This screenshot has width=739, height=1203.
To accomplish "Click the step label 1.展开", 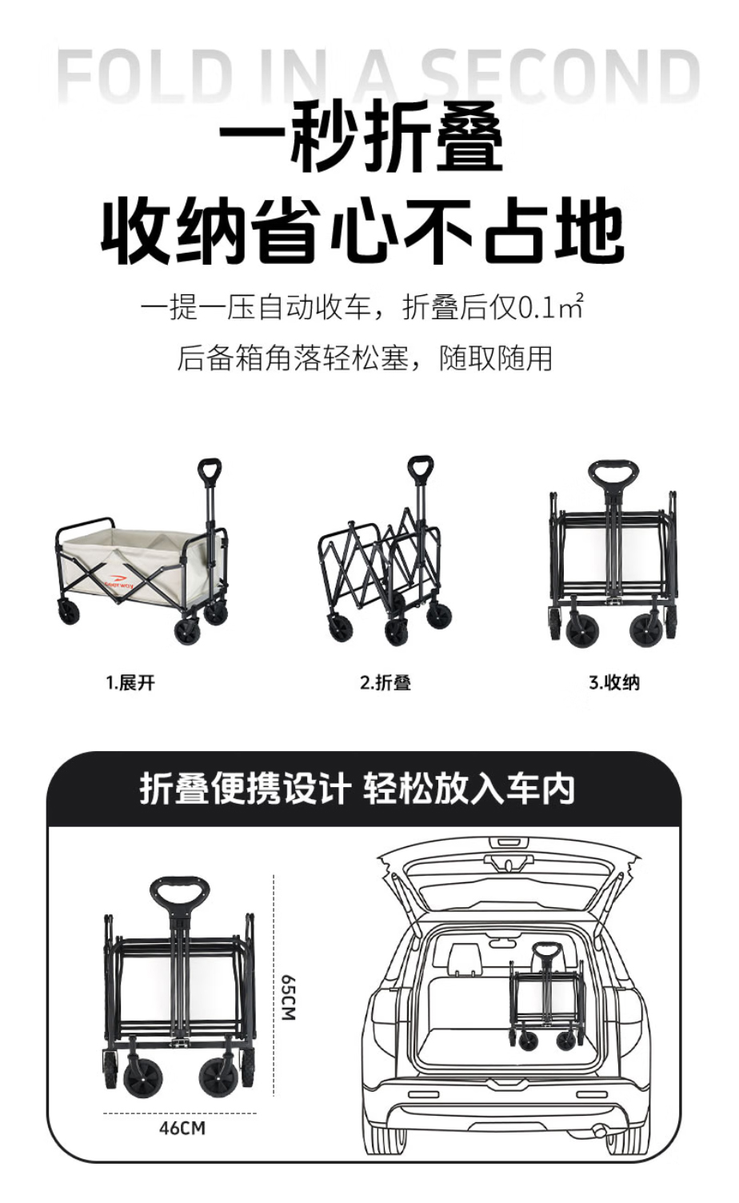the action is pyautogui.click(x=130, y=682).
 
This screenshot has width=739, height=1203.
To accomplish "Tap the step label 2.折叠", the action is pyautogui.click(x=385, y=682).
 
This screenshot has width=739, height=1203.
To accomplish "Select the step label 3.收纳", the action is pyautogui.click(x=614, y=682).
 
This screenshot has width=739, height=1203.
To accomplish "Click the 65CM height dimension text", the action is pyautogui.click(x=289, y=997).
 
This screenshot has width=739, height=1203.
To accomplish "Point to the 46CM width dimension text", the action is pyautogui.click(x=182, y=1128).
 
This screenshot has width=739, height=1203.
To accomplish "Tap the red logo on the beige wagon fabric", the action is pyautogui.click(x=119, y=583).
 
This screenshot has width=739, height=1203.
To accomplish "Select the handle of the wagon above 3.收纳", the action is pyautogui.click(x=613, y=474).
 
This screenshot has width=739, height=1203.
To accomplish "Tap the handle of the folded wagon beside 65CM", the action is pyautogui.click(x=178, y=893).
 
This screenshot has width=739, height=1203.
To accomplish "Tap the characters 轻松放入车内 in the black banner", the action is pyautogui.click(x=469, y=789).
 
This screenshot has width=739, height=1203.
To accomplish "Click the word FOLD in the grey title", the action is pyautogui.click(x=145, y=75).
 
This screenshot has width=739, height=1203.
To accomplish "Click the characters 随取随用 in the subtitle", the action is pyautogui.click(x=496, y=358).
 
